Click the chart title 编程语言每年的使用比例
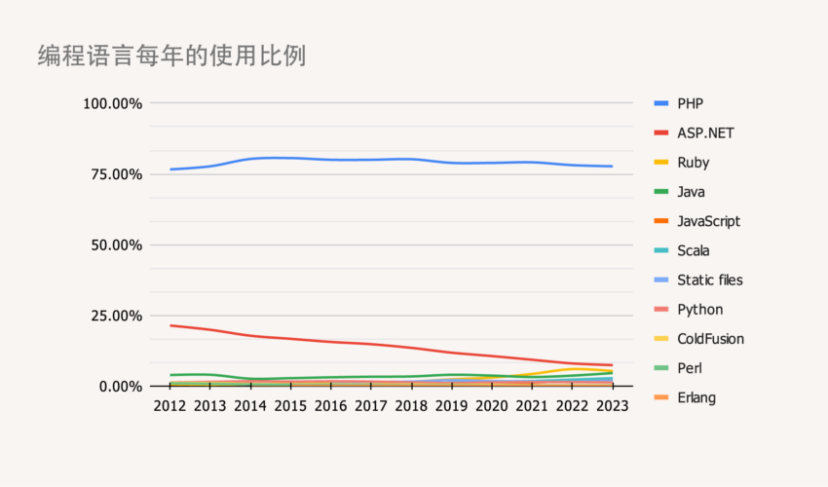click(171, 56)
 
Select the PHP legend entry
click(690, 103)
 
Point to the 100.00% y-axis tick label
click(113, 103)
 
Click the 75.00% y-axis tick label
click(117, 174)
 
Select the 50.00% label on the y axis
click(117, 245)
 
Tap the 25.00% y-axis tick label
click(117, 316)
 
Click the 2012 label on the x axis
click(170, 405)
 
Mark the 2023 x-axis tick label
click(612, 405)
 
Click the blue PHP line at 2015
click(290, 158)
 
